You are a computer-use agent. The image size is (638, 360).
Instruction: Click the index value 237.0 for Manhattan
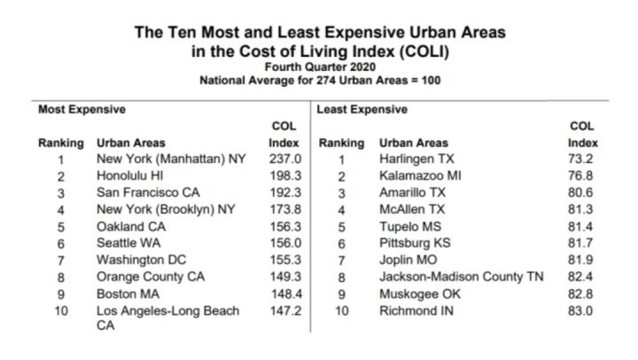click(284, 160)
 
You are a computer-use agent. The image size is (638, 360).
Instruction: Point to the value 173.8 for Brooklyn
click(284, 209)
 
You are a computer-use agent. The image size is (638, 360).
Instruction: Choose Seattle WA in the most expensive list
click(129, 243)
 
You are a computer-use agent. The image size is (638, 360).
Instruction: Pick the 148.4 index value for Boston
click(284, 293)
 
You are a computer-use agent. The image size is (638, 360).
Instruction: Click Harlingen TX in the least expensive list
click(416, 160)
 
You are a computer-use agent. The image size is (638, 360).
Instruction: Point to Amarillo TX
click(412, 192)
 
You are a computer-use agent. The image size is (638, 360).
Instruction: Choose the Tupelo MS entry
click(408, 226)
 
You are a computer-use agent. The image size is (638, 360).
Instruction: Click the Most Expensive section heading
click(82, 110)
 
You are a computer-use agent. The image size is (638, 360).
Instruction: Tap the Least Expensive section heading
click(362, 110)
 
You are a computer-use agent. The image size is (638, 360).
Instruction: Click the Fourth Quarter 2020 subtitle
click(319, 67)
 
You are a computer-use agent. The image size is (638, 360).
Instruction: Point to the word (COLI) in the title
click(419, 51)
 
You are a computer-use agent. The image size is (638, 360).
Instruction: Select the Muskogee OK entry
click(419, 293)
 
